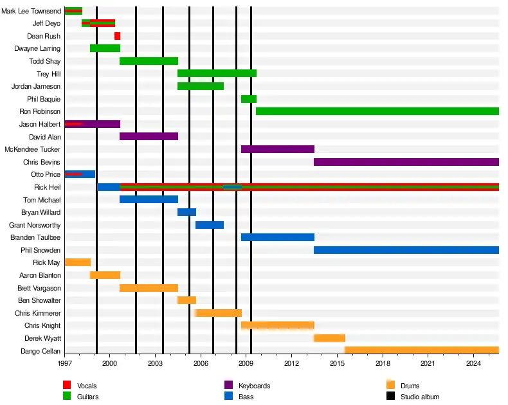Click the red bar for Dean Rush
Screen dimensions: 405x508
point(117,36)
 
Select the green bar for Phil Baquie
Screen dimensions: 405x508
point(249,99)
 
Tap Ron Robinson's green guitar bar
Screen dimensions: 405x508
point(377,111)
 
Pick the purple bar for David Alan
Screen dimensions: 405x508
point(149,136)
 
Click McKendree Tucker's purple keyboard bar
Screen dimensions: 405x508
point(278,149)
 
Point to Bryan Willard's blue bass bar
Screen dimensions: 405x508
point(186,212)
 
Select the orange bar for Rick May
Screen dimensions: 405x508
point(78,262)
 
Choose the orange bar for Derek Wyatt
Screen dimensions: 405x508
point(329,338)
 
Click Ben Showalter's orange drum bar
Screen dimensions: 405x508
point(186,300)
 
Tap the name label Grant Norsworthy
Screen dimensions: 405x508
point(35,225)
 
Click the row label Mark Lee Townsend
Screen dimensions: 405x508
point(32,11)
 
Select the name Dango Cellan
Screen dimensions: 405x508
point(41,351)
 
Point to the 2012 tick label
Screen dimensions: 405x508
point(291,364)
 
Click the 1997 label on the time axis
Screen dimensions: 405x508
point(65,364)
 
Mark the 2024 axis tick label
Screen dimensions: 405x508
point(473,364)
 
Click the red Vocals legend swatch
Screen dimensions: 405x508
point(67,385)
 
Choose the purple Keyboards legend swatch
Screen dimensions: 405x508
point(228,385)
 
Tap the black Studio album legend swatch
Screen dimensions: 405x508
point(390,397)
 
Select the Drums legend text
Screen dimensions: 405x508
point(410,386)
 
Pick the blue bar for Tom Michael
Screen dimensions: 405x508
point(149,199)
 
